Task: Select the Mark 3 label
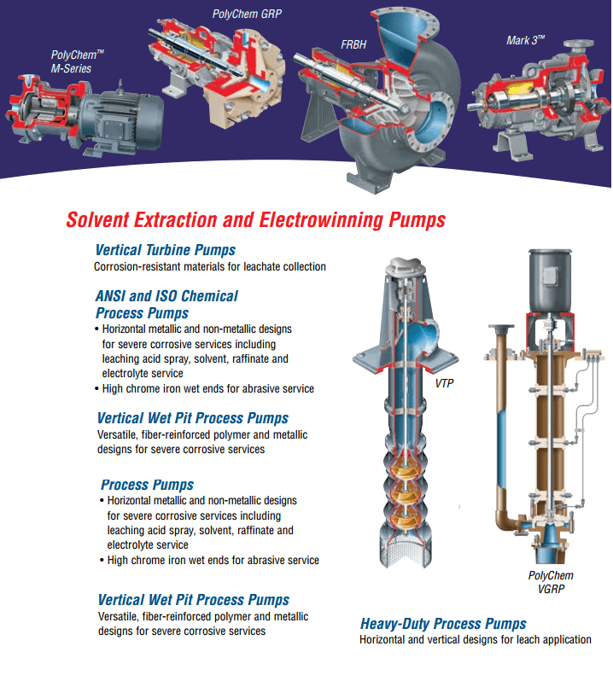pyautogui.click(x=526, y=40)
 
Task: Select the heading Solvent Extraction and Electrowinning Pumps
pyautogui.click(x=255, y=220)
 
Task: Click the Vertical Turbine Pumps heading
pyautogui.click(x=166, y=251)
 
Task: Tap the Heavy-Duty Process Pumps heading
pyautogui.click(x=443, y=624)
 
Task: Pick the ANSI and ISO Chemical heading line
pyautogui.click(x=167, y=296)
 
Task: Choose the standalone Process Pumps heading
pyautogui.click(x=147, y=485)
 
